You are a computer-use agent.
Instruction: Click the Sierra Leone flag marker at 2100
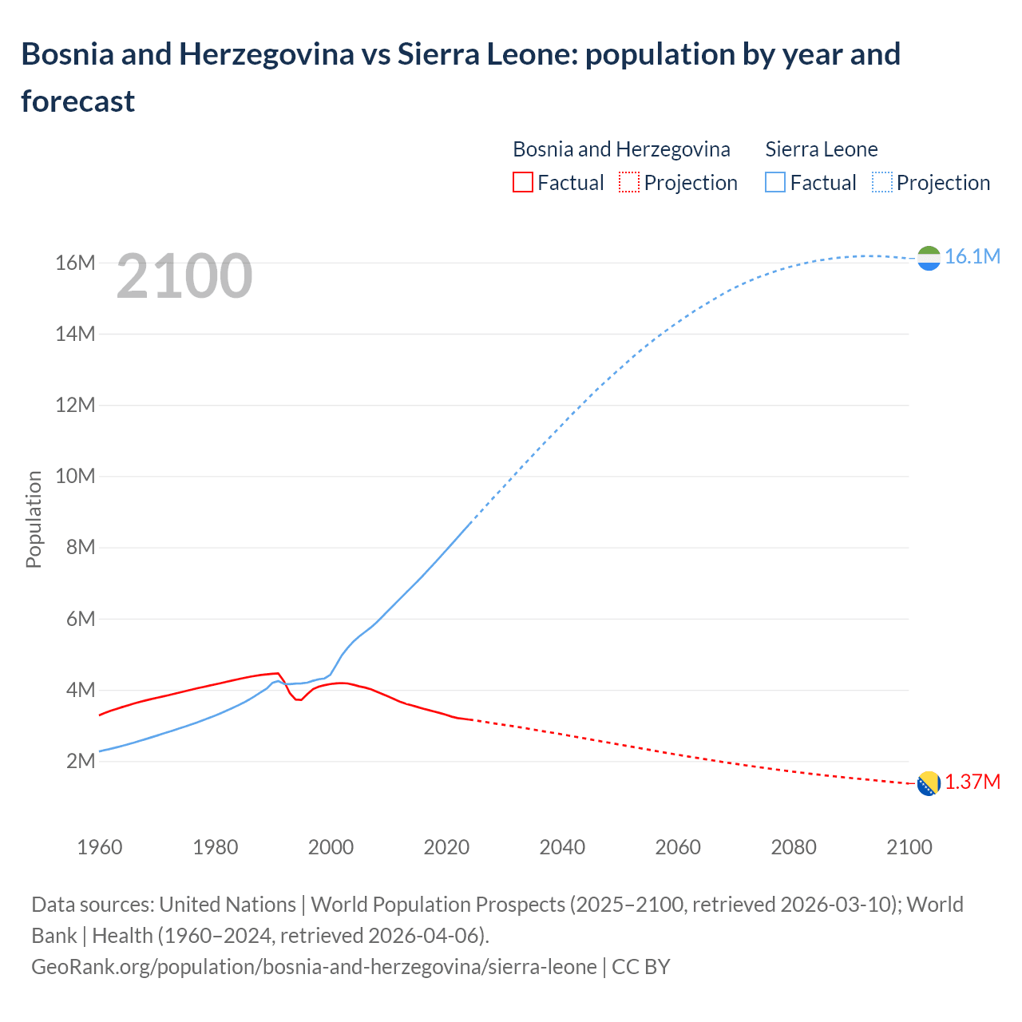(929, 258)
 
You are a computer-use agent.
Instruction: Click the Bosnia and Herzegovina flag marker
(929, 784)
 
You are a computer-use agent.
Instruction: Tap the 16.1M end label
(972, 256)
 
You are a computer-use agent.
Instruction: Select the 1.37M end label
(972, 782)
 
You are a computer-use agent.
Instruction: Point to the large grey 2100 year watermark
(184, 276)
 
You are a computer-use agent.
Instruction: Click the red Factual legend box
(522, 183)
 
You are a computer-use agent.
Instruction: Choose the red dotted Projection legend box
(629, 183)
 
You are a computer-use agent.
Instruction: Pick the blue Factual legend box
(775, 183)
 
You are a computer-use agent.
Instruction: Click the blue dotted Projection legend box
(882, 183)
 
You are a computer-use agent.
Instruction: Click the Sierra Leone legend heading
(821, 149)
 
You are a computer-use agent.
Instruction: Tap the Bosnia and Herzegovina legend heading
(621, 149)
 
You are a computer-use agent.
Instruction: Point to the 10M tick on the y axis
(75, 477)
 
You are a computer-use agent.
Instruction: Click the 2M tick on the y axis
(81, 762)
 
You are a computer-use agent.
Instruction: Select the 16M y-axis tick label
(75, 263)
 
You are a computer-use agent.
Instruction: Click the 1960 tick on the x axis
(100, 847)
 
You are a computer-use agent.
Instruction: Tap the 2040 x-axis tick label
(562, 847)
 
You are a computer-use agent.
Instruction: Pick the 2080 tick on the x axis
(794, 847)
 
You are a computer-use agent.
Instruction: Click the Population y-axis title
(34, 519)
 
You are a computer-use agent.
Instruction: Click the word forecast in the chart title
(78, 101)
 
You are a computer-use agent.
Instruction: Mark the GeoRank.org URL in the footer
(314, 967)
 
